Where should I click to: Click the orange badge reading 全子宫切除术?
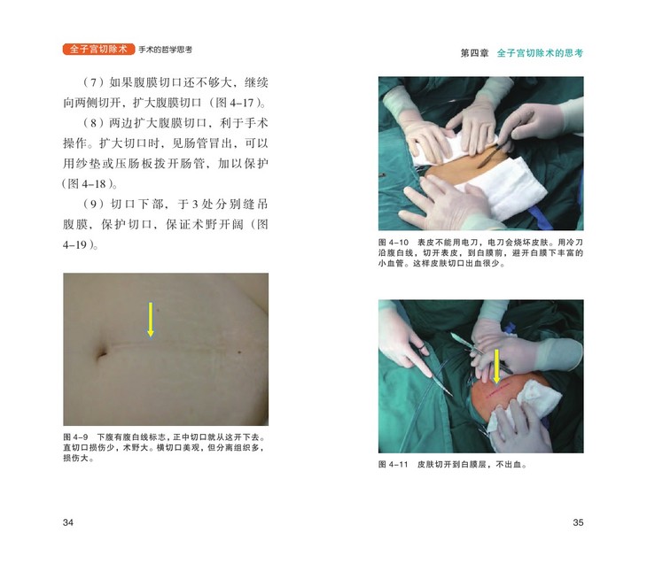pyautogui.click(x=98, y=49)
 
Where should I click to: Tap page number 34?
pyautogui.click(x=68, y=522)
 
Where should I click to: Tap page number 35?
pyautogui.click(x=578, y=522)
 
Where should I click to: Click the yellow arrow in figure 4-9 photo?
pyautogui.click(x=151, y=320)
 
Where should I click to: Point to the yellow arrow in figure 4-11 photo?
pyautogui.click(x=497, y=367)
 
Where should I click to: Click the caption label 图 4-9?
pyautogui.click(x=75, y=437)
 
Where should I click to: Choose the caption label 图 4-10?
pyautogui.click(x=394, y=243)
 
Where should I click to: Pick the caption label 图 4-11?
pyautogui.click(x=394, y=465)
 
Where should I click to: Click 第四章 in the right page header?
pyautogui.click(x=474, y=53)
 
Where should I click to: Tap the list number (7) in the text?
pyautogui.click(x=93, y=82)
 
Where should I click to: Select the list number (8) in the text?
pyautogui.click(x=93, y=123)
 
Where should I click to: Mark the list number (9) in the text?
pyautogui.click(x=93, y=204)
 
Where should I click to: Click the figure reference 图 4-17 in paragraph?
pyautogui.click(x=235, y=103)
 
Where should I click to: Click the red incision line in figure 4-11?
pyautogui.click(x=498, y=390)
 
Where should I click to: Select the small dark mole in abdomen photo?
pyautogui.click(x=239, y=352)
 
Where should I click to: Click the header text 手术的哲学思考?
pyautogui.click(x=165, y=50)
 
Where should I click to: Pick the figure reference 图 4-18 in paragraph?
pyautogui.click(x=87, y=184)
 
